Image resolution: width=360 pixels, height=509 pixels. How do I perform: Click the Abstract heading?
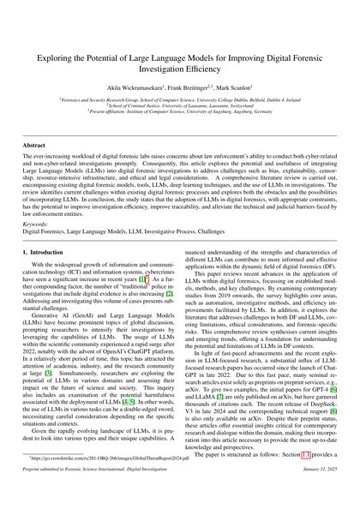35,147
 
